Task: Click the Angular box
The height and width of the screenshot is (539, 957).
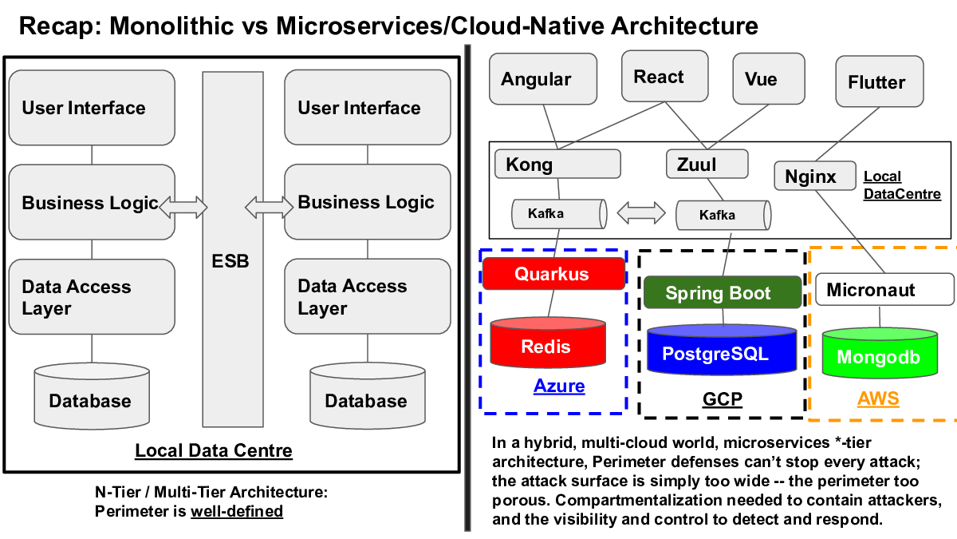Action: (543, 79)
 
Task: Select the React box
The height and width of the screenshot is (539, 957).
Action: (665, 76)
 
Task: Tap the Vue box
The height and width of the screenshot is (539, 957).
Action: (769, 79)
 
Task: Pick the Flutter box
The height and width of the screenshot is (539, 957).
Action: (880, 81)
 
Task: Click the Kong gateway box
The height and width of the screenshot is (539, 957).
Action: (557, 164)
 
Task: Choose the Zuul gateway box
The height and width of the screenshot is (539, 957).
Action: (707, 164)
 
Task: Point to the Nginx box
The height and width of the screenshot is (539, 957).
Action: (815, 176)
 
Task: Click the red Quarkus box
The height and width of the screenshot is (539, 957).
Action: (553, 273)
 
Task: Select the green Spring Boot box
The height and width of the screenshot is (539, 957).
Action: (723, 292)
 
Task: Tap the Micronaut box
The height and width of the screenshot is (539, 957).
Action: (884, 290)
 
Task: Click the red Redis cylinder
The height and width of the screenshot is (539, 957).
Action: (548, 343)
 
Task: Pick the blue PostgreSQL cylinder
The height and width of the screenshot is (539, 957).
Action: (722, 350)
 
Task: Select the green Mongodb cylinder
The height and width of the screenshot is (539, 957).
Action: (880, 353)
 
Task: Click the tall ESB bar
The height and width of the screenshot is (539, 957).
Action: (233, 249)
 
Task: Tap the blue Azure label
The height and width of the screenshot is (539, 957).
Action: (559, 386)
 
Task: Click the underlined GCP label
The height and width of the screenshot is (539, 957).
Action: (722, 399)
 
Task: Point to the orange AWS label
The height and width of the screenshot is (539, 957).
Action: (878, 398)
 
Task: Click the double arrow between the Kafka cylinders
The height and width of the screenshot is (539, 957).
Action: (641, 212)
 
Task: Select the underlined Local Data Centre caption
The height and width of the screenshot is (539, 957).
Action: (214, 450)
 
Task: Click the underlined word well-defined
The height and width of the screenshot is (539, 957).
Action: (237, 511)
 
